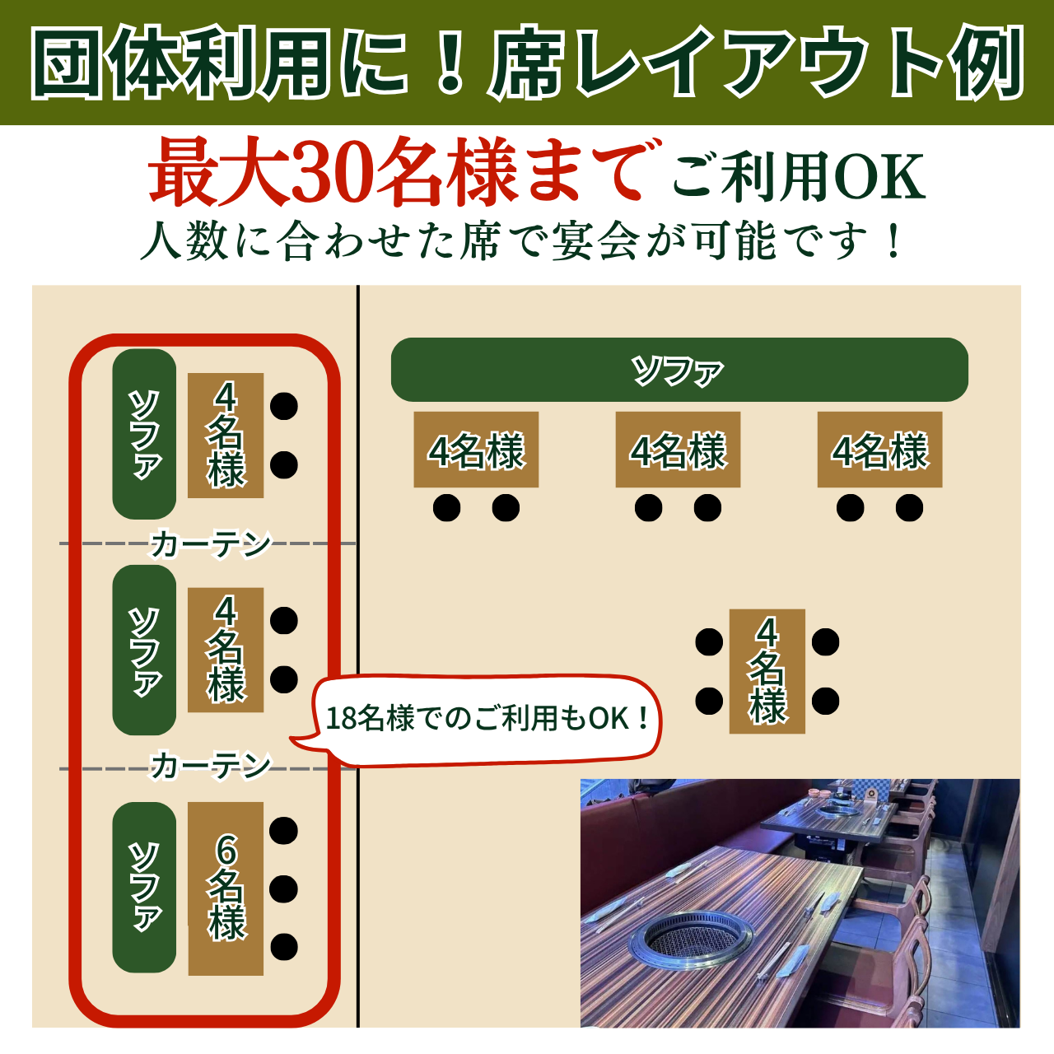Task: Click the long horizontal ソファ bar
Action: click(x=679, y=370)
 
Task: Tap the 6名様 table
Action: click(x=226, y=888)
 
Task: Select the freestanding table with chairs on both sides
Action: click(x=767, y=671)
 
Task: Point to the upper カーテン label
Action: click(x=211, y=544)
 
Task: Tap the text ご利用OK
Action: click(x=799, y=176)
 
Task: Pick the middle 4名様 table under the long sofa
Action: click(x=678, y=450)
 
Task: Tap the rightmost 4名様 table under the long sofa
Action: click(x=879, y=450)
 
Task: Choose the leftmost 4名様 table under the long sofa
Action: click(x=476, y=450)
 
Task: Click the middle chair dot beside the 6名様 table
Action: click(x=283, y=888)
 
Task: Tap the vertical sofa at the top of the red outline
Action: click(x=144, y=434)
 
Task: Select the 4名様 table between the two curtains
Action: click(x=226, y=650)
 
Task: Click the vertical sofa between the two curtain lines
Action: click(x=144, y=650)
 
